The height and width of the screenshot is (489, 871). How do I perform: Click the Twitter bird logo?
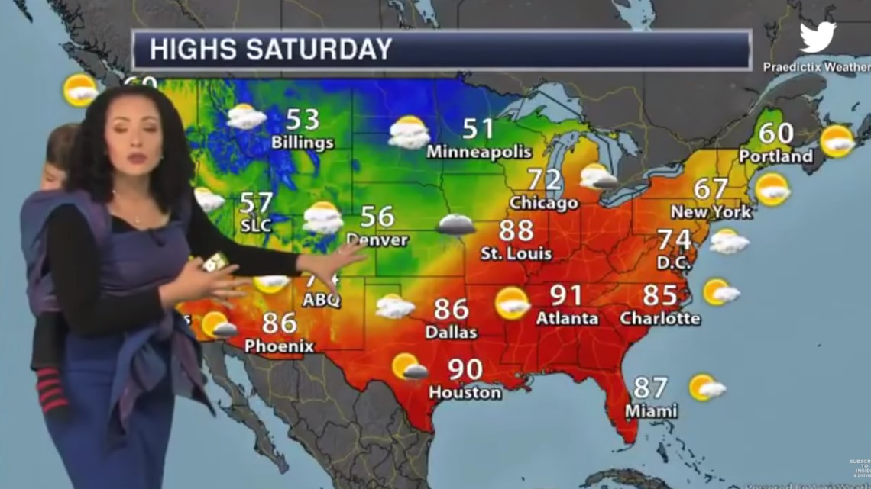818,37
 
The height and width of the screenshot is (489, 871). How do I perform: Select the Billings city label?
303,143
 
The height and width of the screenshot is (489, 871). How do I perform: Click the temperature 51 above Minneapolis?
478,128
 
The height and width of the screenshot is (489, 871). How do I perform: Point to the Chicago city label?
544,203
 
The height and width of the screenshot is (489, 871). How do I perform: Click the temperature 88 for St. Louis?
516,230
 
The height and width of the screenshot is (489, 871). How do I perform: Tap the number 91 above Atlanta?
566,294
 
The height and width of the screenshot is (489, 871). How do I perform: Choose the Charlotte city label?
660,317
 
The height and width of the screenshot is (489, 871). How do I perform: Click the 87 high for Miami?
649,387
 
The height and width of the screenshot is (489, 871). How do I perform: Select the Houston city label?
465,393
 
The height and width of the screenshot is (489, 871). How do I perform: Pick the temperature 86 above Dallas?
451,309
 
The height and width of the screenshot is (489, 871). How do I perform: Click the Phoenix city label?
279,346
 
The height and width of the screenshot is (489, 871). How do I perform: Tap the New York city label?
711,211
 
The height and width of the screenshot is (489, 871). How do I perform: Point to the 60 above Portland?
775,133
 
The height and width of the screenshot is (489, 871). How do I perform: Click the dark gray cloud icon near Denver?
456,224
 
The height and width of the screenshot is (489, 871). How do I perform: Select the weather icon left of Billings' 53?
246,117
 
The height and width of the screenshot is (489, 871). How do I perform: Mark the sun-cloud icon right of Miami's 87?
706,388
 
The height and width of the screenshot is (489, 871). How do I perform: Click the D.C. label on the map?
674,262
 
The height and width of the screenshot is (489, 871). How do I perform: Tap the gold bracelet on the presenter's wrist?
213,262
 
